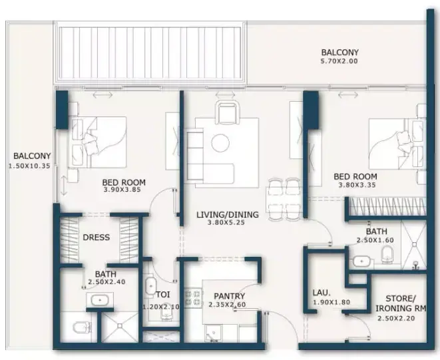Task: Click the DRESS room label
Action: tap(97, 238)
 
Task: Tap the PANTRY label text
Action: tap(229, 296)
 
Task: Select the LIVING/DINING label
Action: tap(227, 215)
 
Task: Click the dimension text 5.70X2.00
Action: tap(339, 61)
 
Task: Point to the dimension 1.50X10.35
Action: tap(29, 166)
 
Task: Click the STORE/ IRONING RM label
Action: tap(401, 303)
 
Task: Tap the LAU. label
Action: tap(322, 293)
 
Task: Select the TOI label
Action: tap(163, 295)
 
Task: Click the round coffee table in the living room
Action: tap(220, 143)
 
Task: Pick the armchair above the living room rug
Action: tap(228, 113)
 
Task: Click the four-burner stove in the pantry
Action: tap(193, 298)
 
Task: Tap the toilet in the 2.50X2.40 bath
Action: tap(82, 327)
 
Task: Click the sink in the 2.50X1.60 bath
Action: tap(361, 262)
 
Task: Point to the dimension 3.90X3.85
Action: tap(122, 190)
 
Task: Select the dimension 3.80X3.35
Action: tap(357, 185)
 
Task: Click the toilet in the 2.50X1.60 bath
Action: tap(388, 254)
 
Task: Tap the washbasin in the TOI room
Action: tap(150, 286)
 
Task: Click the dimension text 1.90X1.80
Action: tap(331, 303)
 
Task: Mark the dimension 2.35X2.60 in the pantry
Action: tap(227, 305)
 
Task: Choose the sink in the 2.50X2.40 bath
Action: tap(100, 300)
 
